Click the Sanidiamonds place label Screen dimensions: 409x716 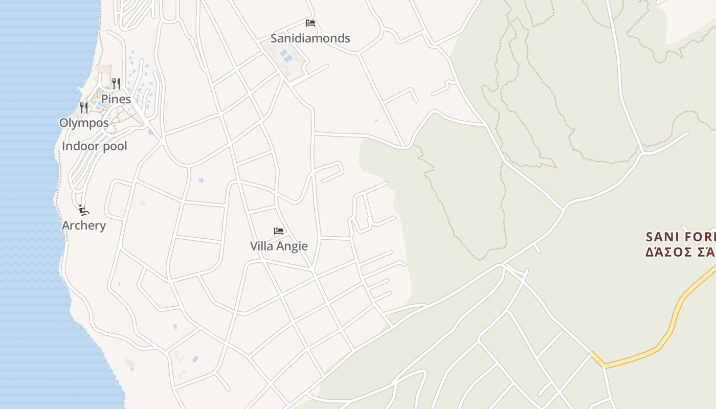click(x=310, y=38)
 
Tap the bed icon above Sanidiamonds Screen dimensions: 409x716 click(x=310, y=23)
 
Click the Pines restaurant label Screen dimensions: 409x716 click(x=116, y=99)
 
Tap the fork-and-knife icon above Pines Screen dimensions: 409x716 click(x=116, y=83)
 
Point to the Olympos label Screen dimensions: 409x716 click(x=84, y=123)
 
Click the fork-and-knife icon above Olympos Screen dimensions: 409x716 click(x=84, y=107)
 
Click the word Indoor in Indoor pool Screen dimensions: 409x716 click(x=79, y=146)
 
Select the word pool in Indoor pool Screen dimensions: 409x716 click(x=114, y=147)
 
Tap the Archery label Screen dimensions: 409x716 click(x=84, y=225)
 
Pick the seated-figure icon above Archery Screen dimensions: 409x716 click(x=84, y=210)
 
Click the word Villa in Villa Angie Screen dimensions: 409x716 click(x=261, y=246)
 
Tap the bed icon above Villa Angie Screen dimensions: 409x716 click(x=279, y=231)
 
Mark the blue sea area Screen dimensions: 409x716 click(x=31, y=204)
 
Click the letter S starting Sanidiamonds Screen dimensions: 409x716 click(x=274, y=38)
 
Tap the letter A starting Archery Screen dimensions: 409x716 click(x=65, y=225)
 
